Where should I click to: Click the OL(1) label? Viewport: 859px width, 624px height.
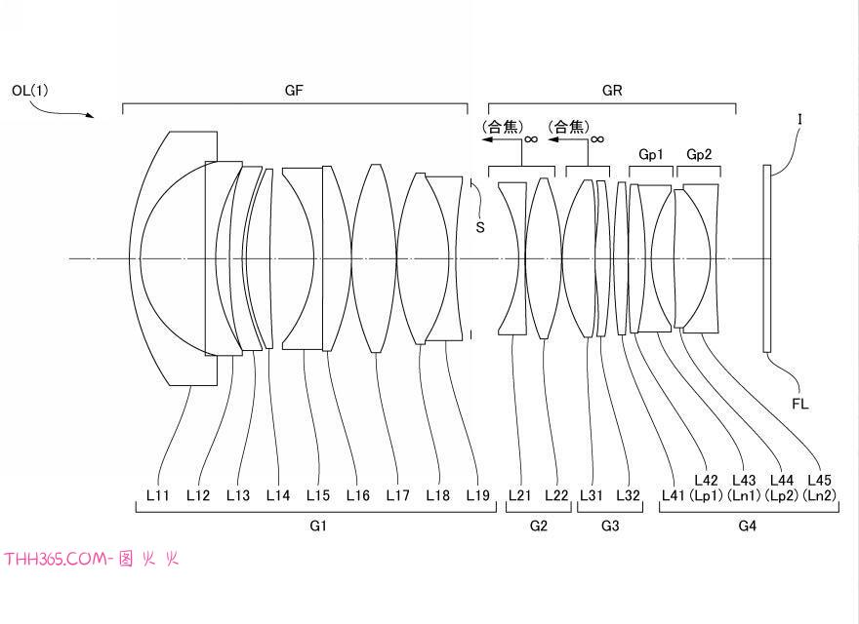click(x=30, y=91)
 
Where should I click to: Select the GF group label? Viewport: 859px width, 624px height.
click(x=294, y=91)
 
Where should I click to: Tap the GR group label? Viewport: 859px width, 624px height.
click(x=612, y=91)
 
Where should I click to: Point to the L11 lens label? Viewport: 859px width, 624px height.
click(x=158, y=495)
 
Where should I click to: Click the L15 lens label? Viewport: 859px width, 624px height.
click(x=318, y=495)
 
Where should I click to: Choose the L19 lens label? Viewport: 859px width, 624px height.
click(x=477, y=495)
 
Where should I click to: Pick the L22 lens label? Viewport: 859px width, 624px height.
click(x=556, y=495)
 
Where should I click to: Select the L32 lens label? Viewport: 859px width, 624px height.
click(x=628, y=495)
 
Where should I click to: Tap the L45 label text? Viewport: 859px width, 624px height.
click(x=820, y=480)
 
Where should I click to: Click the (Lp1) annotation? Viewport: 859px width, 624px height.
click(x=706, y=495)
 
